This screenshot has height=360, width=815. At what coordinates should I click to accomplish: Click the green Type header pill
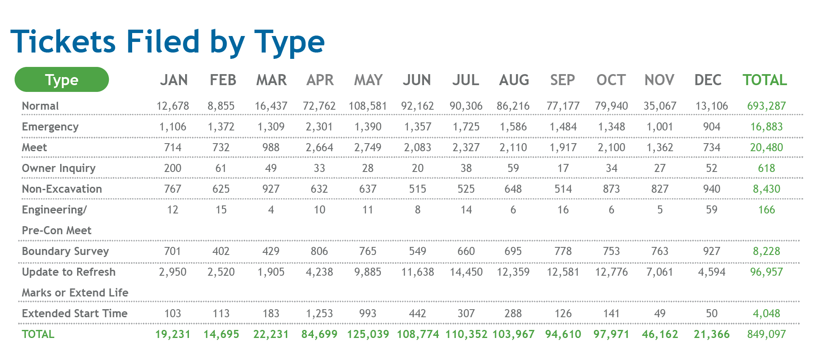click(61, 80)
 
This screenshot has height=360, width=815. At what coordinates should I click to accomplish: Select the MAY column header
click(368, 80)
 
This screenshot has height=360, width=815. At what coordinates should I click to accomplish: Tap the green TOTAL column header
click(765, 80)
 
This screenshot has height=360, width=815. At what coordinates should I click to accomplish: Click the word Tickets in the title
click(63, 42)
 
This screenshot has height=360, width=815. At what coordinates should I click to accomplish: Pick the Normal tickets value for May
click(368, 106)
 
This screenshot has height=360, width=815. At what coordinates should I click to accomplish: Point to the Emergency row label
click(50, 127)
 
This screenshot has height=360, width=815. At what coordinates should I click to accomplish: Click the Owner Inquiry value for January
click(172, 168)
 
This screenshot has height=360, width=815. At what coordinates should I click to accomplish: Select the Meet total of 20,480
click(766, 147)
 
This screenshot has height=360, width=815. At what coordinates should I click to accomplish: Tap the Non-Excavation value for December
click(711, 189)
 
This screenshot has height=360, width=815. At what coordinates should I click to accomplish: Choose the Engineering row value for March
click(271, 210)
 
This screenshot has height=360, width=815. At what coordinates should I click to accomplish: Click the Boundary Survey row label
click(65, 251)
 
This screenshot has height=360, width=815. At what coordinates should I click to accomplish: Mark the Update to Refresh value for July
click(466, 272)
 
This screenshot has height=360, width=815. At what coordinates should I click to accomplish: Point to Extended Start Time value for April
click(319, 313)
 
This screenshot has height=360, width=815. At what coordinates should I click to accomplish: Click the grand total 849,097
click(766, 334)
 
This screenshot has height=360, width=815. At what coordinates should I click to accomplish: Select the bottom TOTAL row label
click(38, 334)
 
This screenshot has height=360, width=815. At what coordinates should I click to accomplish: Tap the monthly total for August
click(513, 334)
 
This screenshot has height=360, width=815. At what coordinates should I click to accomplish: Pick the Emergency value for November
click(660, 127)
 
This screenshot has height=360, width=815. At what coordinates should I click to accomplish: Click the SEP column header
click(562, 80)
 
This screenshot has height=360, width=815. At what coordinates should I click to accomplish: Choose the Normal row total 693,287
click(766, 106)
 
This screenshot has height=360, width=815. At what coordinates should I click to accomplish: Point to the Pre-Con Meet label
click(56, 230)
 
